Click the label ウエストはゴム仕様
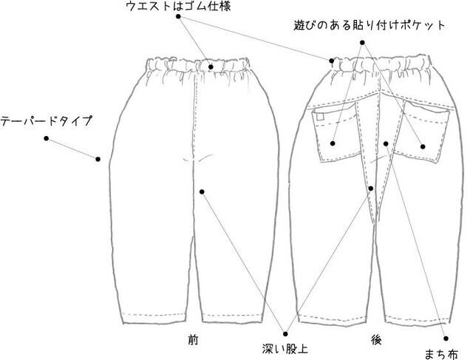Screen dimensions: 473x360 coord(178,6)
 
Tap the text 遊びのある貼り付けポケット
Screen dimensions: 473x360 coord(370,25)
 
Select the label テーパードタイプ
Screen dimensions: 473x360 coord(46,121)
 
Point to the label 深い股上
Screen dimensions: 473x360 coord(285,349)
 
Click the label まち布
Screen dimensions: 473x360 coord(441,353)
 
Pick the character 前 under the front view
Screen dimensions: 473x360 coord(193,340)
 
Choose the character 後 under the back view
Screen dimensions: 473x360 coord(376,340)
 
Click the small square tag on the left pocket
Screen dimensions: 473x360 coord(320,117)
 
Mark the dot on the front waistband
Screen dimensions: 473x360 coord(211,67)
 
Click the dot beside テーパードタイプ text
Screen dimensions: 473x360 coord(46,138)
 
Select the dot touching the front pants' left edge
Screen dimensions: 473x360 coord(98,159)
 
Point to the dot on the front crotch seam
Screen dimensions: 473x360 coord(202,192)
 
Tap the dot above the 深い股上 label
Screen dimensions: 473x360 coord(285,334)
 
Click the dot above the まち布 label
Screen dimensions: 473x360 coord(446,339)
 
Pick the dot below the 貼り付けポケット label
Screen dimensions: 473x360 coord(362,43)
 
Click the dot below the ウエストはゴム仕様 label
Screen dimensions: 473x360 coord(178,16)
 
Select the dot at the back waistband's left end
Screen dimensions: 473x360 coord(332,61)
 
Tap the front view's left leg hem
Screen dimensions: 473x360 coord(154,319)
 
